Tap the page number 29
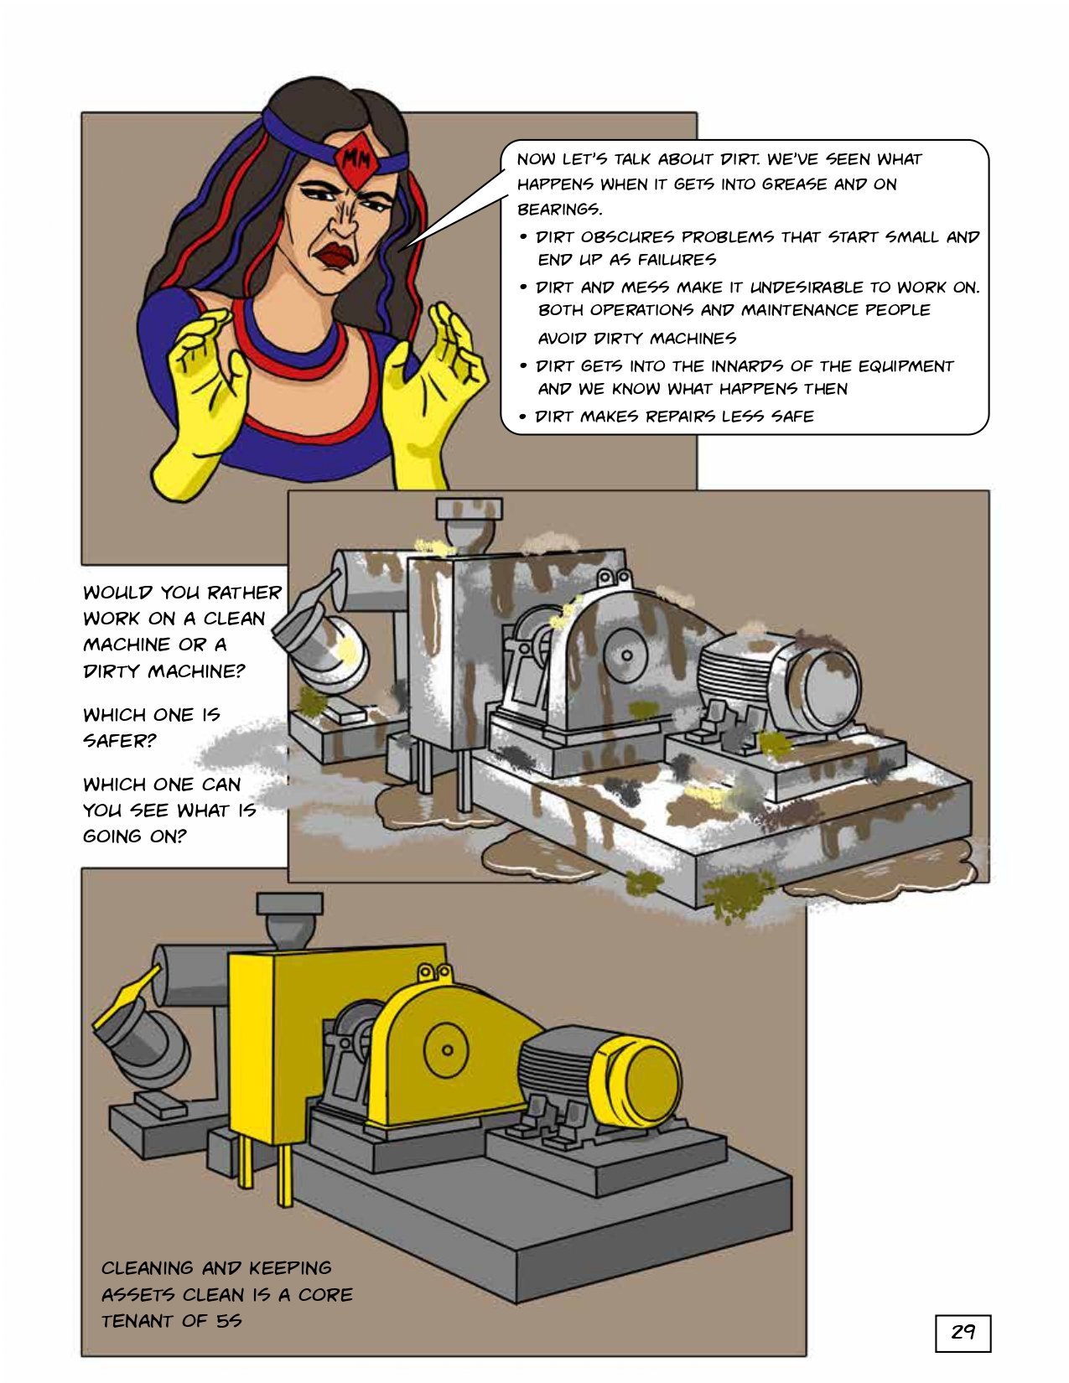(x=963, y=1331)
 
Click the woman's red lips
(x=335, y=255)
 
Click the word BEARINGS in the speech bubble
(x=559, y=210)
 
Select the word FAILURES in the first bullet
(x=677, y=260)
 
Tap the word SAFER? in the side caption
(x=120, y=741)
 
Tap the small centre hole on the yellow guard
(x=448, y=1050)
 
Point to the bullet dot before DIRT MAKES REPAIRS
(x=522, y=417)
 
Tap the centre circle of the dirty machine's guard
(x=627, y=655)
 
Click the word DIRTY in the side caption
(x=112, y=671)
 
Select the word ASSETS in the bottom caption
(x=138, y=1294)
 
